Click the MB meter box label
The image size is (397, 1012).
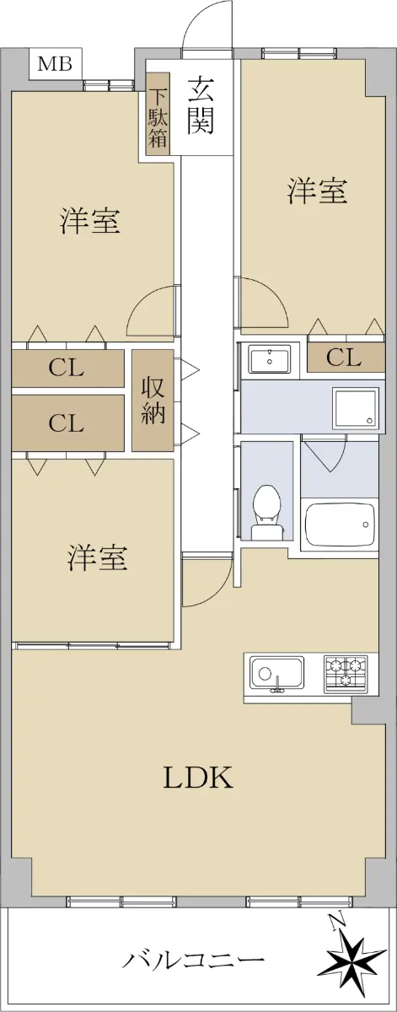(x=55, y=64)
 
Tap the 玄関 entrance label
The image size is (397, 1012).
(x=201, y=105)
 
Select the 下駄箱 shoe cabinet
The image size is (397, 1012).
(x=158, y=114)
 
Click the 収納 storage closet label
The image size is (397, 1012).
(x=153, y=401)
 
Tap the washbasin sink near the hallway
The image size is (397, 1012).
(x=270, y=358)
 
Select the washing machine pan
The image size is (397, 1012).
(x=355, y=408)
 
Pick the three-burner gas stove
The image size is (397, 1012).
(x=345, y=672)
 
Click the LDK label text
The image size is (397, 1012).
(x=198, y=777)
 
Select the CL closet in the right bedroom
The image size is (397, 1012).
(x=346, y=358)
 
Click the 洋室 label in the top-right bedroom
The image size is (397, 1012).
(x=317, y=191)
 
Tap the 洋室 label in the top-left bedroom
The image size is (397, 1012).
(x=90, y=220)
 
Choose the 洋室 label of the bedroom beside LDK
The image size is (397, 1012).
(x=97, y=557)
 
